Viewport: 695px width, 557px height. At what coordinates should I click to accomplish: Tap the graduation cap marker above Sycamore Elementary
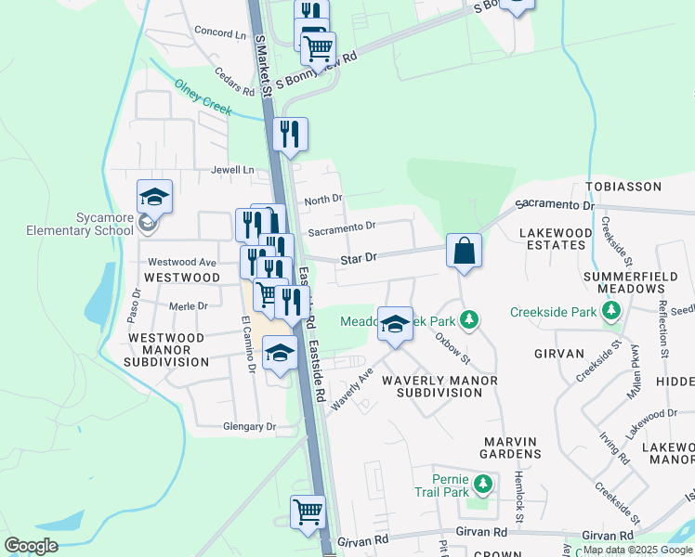tap(155, 198)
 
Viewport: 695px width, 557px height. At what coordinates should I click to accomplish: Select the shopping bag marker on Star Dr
tap(464, 251)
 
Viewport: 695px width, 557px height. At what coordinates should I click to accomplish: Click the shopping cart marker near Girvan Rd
tap(308, 512)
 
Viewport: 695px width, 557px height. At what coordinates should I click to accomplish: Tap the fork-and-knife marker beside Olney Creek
tap(291, 134)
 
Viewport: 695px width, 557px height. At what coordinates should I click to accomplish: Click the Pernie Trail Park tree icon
tap(482, 484)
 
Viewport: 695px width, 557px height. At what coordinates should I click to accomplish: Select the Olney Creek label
tap(203, 97)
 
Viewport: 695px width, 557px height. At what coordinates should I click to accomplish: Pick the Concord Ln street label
tap(220, 32)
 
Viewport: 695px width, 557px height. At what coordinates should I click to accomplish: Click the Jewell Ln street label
tap(232, 170)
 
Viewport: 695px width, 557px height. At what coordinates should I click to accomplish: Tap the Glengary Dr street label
tap(250, 427)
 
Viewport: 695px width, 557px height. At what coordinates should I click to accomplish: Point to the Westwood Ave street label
tap(181, 263)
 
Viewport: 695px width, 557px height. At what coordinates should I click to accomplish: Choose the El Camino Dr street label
tap(248, 344)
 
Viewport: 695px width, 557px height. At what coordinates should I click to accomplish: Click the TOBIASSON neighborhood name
tap(623, 187)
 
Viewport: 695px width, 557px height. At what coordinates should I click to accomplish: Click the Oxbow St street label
tap(453, 346)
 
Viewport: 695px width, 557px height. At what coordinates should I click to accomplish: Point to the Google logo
tap(32, 545)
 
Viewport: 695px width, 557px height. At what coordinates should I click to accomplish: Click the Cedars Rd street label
tap(234, 84)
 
